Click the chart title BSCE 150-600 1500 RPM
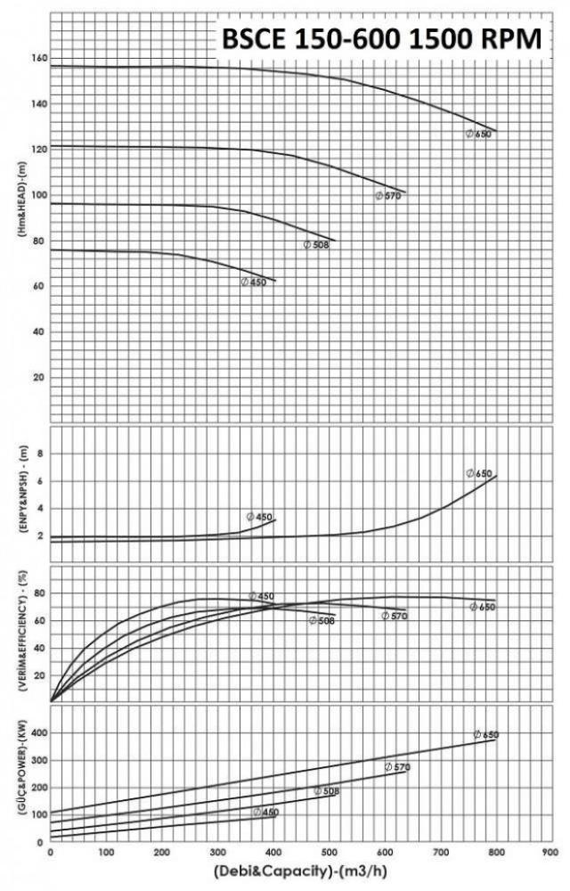(382, 39)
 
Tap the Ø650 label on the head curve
(479, 134)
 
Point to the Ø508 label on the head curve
(317, 244)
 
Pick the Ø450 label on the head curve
(254, 282)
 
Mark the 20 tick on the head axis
(39, 377)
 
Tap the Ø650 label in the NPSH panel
(479, 473)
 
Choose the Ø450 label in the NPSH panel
(260, 517)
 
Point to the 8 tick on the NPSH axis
(41, 454)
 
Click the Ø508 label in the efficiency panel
(322, 620)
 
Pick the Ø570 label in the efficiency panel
(395, 616)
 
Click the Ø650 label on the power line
(486, 735)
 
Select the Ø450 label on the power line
(265, 813)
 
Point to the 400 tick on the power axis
(37, 732)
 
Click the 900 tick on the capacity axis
(550, 852)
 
